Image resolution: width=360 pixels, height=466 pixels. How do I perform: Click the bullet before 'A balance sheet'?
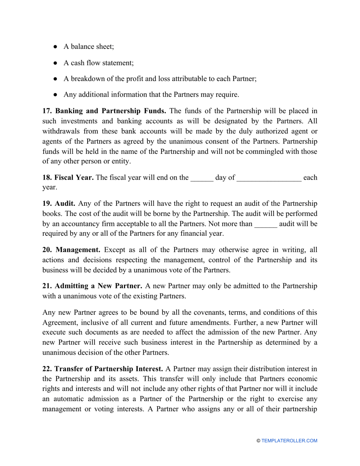point(55,47)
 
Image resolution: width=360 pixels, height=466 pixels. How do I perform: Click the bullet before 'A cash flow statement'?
point(55,63)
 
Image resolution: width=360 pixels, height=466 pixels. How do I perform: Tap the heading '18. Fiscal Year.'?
point(68,177)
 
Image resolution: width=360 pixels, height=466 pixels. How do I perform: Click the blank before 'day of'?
point(202,177)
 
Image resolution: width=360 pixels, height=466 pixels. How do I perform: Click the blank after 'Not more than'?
point(266,224)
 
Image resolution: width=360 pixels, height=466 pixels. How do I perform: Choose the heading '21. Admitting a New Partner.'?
point(92,286)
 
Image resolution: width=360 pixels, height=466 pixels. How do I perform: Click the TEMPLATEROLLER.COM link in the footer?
point(289,441)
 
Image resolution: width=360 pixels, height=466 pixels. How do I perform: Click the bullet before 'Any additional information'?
point(55,95)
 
